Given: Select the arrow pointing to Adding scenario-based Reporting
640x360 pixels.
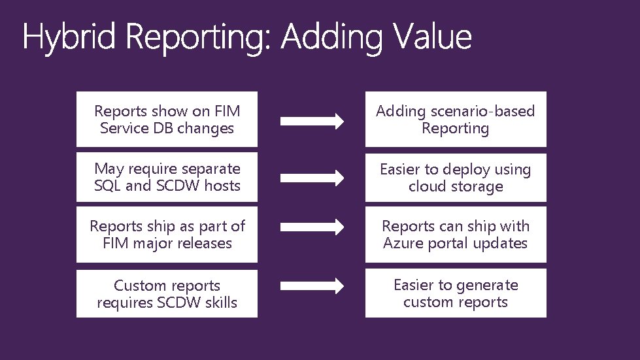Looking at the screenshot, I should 312,120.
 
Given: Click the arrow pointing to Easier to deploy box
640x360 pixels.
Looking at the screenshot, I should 312,177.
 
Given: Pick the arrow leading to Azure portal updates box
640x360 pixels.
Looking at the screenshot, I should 312,227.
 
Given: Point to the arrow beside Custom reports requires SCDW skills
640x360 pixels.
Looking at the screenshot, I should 312,286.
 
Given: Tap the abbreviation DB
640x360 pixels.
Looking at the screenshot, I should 163,129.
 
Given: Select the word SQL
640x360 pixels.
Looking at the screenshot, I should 108,186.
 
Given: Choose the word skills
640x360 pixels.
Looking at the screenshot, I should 218,303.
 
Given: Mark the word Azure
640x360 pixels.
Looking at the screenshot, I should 403,244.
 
